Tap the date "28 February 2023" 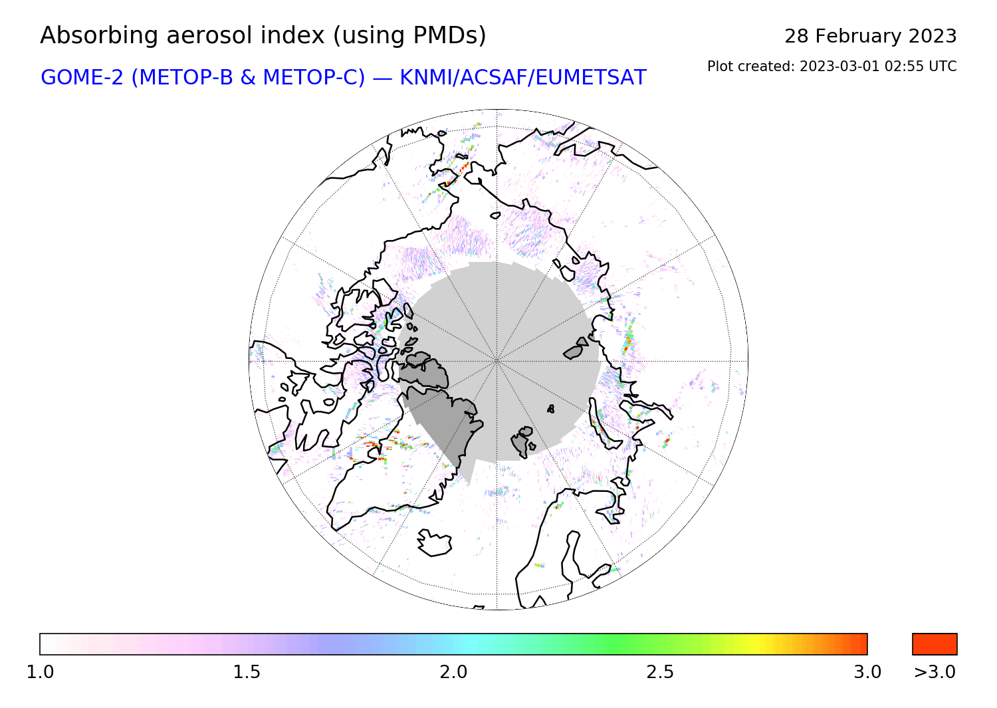click(x=870, y=36)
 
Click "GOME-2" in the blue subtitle click(x=82, y=78)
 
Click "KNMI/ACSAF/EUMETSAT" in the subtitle click(x=523, y=78)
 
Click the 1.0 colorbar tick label click(x=40, y=672)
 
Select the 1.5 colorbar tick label click(x=247, y=672)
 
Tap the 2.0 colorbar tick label click(x=453, y=672)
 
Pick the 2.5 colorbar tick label click(x=661, y=672)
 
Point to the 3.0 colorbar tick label click(x=867, y=672)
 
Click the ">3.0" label click(x=935, y=672)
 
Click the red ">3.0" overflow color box click(x=935, y=644)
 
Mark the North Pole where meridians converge click(x=497, y=361)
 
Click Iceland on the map click(x=434, y=542)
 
